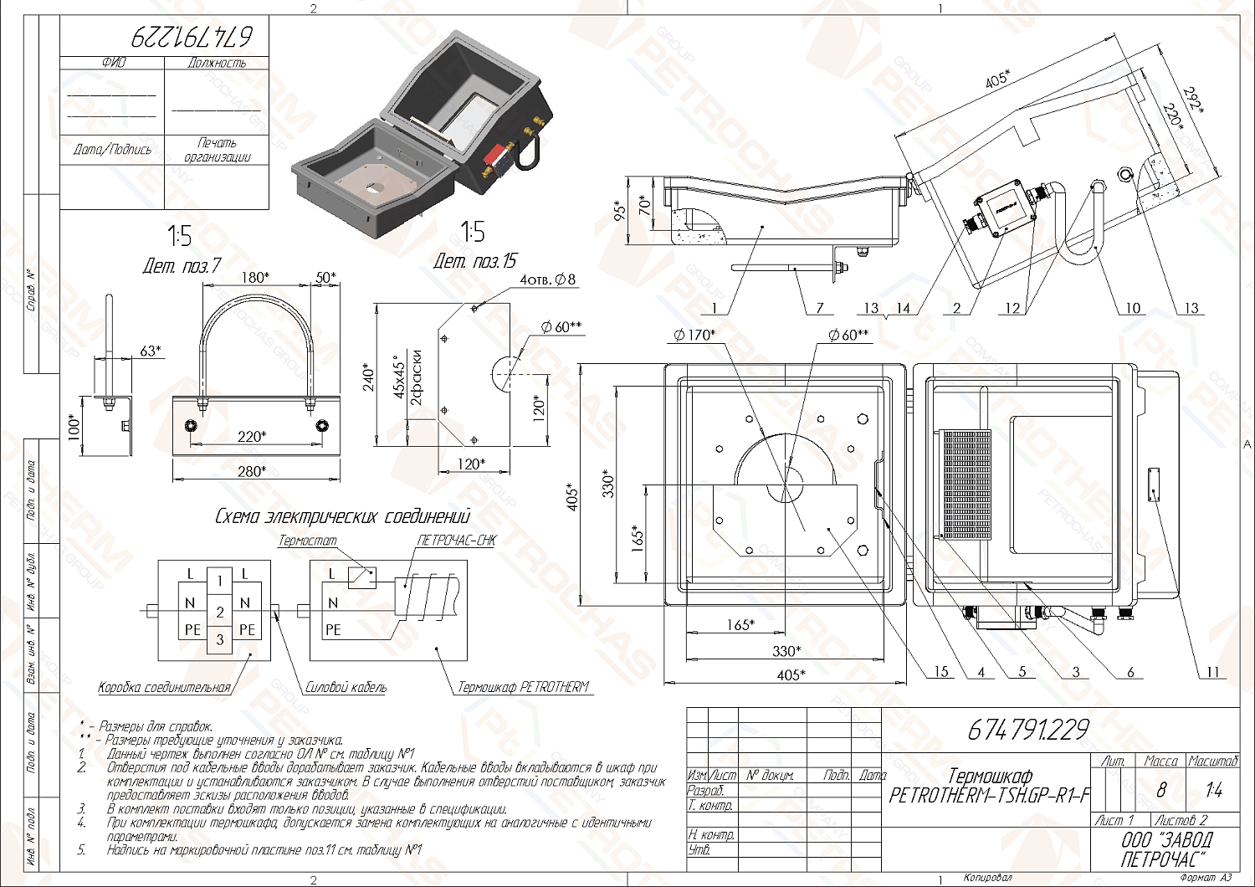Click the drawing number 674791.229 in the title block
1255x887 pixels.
tap(1028, 731)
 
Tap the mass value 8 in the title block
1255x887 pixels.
tap(1160, 790)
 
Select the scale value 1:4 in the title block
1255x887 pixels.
tap(1213, 790)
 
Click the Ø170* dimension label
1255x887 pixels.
tap(694, 336)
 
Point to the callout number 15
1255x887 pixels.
tap(940, 671)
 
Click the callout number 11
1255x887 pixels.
tap(1212, 671)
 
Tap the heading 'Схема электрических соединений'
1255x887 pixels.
tap(342, 516)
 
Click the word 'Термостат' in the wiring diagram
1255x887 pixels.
tap(307, 541)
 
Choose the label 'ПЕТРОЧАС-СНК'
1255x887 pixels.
tap(456, 541)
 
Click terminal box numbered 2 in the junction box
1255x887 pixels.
tap(219, 611)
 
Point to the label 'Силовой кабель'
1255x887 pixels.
tap(346, 688)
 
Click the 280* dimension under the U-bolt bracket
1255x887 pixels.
tap(253, 472)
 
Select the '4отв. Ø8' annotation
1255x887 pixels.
tap(547, 279)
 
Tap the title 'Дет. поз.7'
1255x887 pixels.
tap(182, 266)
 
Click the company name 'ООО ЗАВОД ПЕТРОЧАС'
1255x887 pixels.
tap(1165, 849)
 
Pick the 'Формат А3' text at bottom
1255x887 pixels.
tap(1206, 878)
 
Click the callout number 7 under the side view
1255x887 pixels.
tap(821, 308)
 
